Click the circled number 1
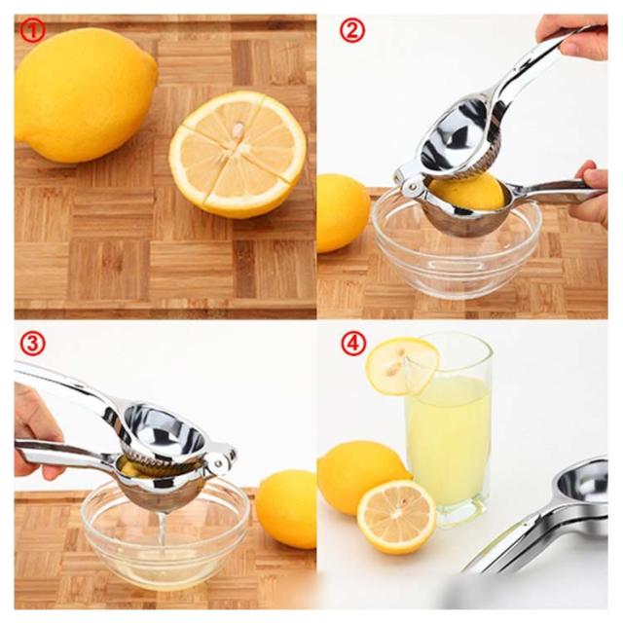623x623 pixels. (x=32, y=31)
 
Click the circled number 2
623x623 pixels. (x=352, y=31)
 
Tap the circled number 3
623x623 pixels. (x=32, y=344)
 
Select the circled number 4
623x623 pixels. (x=352, y=344)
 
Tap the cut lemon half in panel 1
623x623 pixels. (x=238, y=154)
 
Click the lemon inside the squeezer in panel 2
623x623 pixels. (x=468, y=192)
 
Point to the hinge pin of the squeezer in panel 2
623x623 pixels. (x=414, y=186)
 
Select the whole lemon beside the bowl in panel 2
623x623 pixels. (x=342, y=213)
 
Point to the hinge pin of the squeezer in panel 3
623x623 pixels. (x=218, y=462)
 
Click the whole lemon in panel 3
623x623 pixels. (x=287, y=509)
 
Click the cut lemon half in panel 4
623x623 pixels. (x=396, y=517)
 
